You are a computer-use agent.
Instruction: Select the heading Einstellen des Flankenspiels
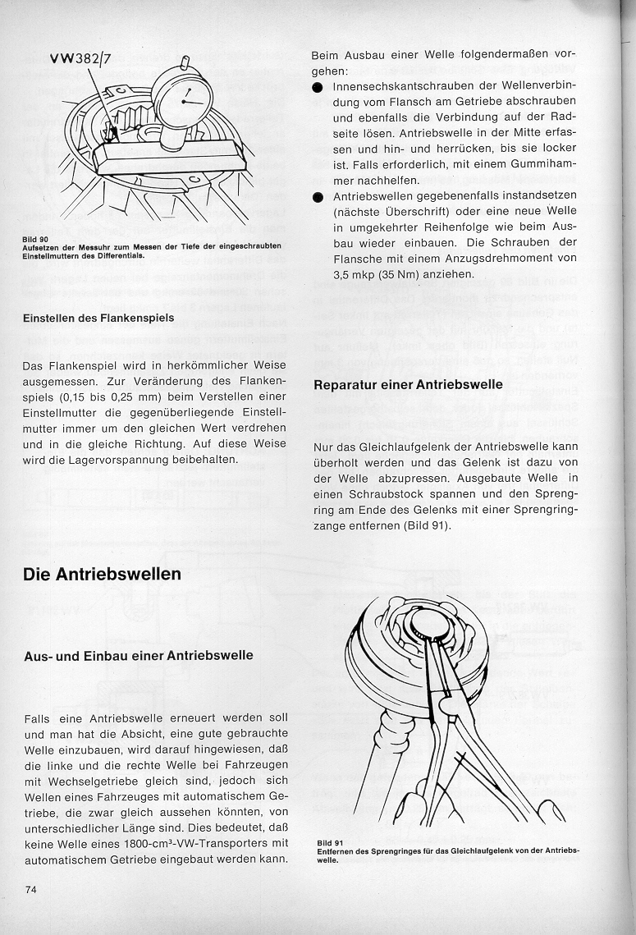click(x=98, y=318)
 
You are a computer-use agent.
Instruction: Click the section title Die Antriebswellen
click(x=102, y=574)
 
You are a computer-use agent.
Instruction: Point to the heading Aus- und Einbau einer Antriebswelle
click(x=138, y=655)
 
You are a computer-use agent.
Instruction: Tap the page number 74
click(x=32, y=889)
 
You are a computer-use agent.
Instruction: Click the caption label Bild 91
click(x=329, y=843)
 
